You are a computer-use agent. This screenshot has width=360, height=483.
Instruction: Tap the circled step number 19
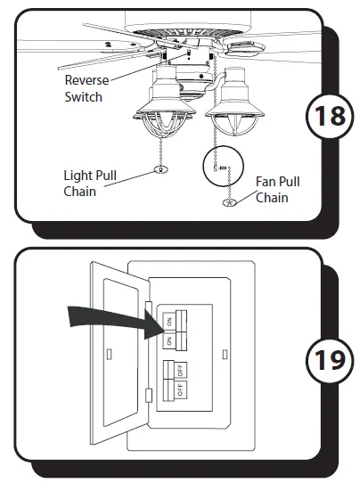pos(328,361)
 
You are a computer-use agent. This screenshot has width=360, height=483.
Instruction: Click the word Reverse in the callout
pos(87,80)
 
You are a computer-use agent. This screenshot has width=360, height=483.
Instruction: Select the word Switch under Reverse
pos(84,95)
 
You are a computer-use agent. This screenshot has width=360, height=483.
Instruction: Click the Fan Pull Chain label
pos(277,190)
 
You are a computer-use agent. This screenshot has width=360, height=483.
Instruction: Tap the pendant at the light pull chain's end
pos(160,168)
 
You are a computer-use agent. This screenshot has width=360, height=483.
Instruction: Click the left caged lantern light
pos(157,117)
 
